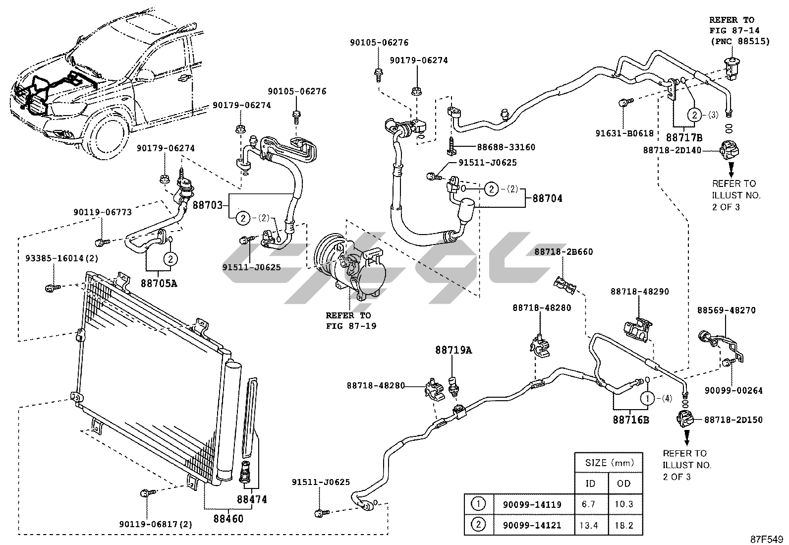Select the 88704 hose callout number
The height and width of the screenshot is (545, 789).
[547, 198]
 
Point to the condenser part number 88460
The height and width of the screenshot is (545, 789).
[228, 519]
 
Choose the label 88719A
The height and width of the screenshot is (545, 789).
[453, 351]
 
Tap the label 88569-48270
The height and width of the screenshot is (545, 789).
[726, 310]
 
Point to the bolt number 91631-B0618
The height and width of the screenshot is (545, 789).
[624, 133]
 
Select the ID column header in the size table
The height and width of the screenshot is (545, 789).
[590, 483]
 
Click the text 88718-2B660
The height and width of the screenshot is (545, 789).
[564, 252]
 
